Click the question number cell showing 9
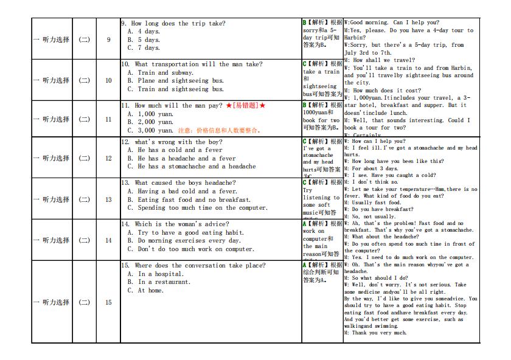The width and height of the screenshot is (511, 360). click(109, 40)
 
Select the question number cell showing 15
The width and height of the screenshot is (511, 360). click(109, 302)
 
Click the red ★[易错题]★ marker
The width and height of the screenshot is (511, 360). click(246, 106)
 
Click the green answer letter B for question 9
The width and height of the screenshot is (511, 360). click(305, 23)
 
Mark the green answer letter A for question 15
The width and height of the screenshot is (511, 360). click(305, 265)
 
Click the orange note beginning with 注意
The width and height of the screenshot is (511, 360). click(219, 130)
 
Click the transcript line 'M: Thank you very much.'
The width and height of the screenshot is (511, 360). click(375, 333)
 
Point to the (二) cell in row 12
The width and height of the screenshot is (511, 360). click(84, 158)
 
